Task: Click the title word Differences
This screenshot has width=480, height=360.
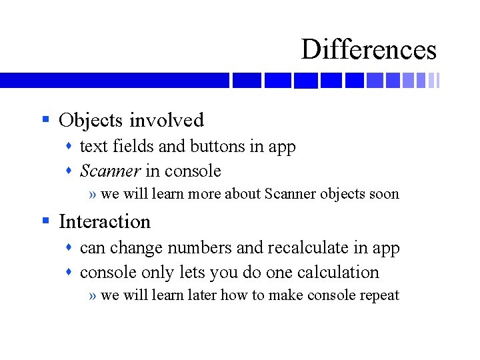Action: tap(369, 49)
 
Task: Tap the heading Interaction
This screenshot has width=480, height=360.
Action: tap(105, 221)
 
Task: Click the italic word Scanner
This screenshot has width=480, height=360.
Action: tap(110, 171)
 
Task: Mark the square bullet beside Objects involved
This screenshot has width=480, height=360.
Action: tap(46, 120)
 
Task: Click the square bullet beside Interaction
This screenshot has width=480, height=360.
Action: tap(46, 221)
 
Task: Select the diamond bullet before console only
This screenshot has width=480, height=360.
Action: tap(70, 273)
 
